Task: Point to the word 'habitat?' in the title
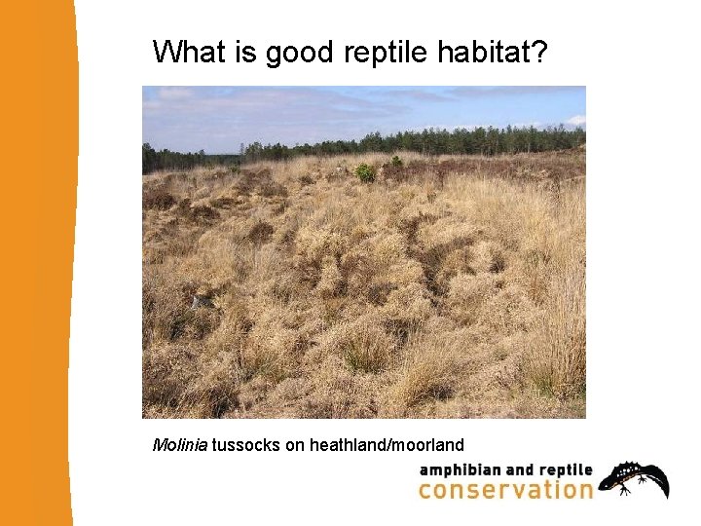[489, 52]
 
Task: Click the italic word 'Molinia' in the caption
[180, 445]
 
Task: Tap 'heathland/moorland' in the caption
[387, 445]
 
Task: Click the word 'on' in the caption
[295, 445]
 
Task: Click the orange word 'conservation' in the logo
[505, 489]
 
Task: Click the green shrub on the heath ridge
[365, 172]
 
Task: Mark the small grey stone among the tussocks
[203, 302]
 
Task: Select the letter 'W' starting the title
[165, 52]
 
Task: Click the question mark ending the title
[541, 52]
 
